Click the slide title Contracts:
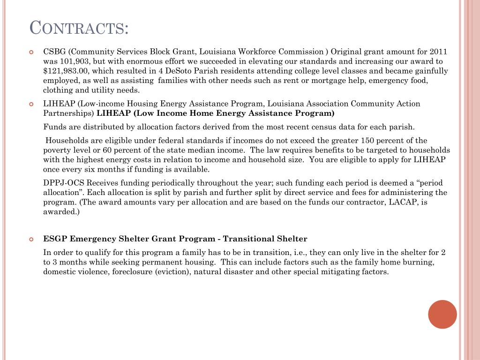(79, 28)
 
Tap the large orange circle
(442, 314)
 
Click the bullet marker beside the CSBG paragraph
(31, 52)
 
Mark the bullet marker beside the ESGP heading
(31, 240)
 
